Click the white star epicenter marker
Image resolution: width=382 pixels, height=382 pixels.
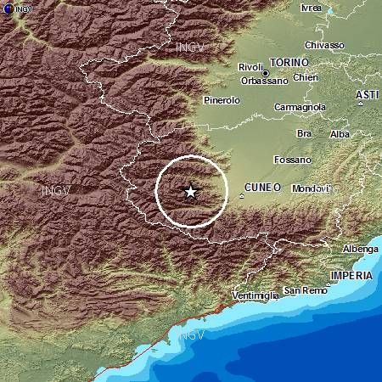tap(190, 192)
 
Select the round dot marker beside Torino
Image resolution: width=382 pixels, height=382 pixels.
tap(266, 73)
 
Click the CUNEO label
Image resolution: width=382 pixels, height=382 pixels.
tap(261, 187)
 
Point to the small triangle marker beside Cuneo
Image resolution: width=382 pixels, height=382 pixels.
tap(241, 196)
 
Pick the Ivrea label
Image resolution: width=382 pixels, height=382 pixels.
tap(312, 8)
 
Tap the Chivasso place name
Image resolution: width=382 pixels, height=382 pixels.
tap(324, 45)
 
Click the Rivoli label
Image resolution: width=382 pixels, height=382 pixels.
tap(251, 66)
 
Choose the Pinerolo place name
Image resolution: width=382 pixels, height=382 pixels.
tap(222, 100)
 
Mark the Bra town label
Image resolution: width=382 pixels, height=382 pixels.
tap(303, 134)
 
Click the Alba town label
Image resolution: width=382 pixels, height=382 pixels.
tap(340, 134)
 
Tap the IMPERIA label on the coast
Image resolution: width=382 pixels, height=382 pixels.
tap(351, 276)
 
